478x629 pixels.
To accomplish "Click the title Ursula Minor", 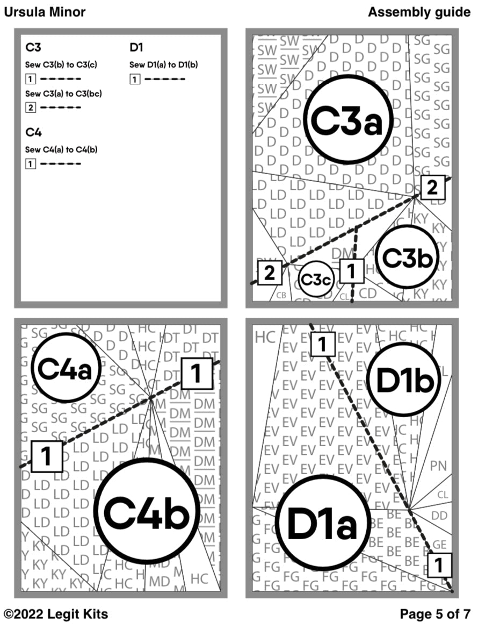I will click(45, 12).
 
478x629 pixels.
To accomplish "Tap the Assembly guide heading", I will click(419, 12).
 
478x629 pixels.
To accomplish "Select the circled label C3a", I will click(349, 119).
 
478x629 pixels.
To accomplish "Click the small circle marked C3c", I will click(316, 279).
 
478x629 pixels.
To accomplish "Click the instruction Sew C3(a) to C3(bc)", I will click(64, 94).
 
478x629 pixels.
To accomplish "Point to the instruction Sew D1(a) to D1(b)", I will click(163, 65).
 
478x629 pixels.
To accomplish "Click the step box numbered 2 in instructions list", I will click(31, 108).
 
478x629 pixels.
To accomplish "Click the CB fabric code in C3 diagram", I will click(281, 295).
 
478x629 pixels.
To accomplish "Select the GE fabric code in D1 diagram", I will click(439, 544).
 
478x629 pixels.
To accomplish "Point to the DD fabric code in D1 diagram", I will click(439, 516).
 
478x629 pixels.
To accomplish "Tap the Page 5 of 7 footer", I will click(435, 613).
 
